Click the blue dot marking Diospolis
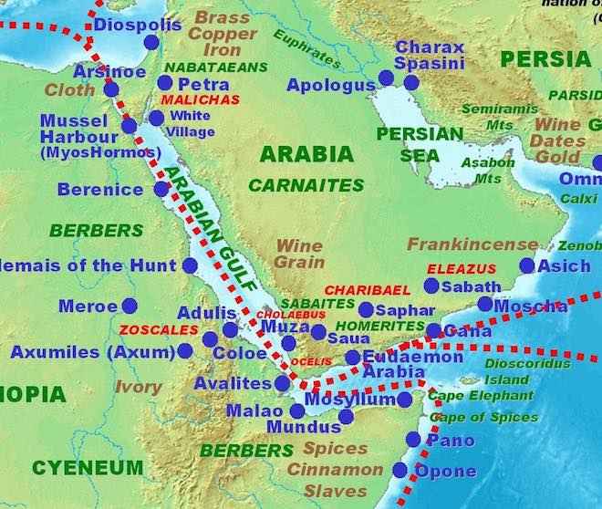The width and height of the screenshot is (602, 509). pyautogui.click(x=150, y=42)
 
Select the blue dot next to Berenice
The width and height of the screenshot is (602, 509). pyautogui.click(x=161, y=189)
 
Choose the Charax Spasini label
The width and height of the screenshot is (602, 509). pyautogui.click(x=429, y=55)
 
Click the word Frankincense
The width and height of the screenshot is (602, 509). pyautogui.click(x=472, y=244)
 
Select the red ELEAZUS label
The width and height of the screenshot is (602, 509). pyautogui.click(x=462, y=269)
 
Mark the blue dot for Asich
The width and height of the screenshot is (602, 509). pyautogui.click(x=526, y=265)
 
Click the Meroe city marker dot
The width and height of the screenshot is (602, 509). pyautogui.click(x=130, y=306)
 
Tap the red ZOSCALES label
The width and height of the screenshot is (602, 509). pyautogui.click(x=159, y=329)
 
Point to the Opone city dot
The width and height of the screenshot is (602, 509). pyautogui.click(x=400, y=470)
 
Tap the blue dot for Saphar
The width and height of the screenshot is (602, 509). pyautogui.click(x=366, y=310)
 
